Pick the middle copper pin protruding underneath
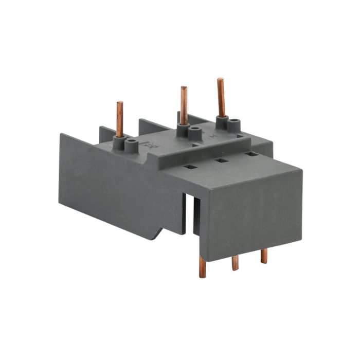tap(235, 262)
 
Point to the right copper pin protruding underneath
tap(263, 256)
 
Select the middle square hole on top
tap(222, 160)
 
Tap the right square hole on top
tap(250, 154)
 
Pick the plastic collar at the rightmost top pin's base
tap(222, 121)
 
